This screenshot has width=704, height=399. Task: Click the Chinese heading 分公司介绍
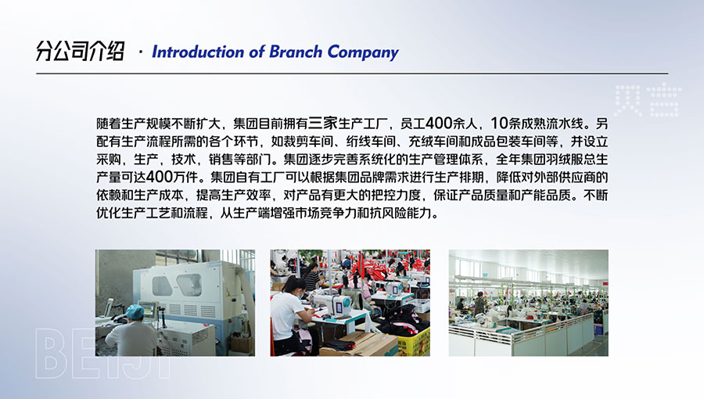tap(80, 51)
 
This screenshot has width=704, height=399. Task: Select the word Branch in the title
tap(296, 52)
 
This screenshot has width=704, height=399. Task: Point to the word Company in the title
tap(363, 52)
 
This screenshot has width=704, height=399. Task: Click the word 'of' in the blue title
tap(257, 52)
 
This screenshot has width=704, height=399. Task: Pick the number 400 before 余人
tap(439, 123)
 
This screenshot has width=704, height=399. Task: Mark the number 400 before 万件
tap(160, 177)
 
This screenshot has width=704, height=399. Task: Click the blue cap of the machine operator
tap(135, 312)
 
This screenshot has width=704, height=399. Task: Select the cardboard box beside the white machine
tap(242, 343)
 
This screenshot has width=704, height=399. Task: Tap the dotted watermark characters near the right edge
tap(648, 101)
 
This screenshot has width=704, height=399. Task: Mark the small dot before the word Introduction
tap(141, 53)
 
